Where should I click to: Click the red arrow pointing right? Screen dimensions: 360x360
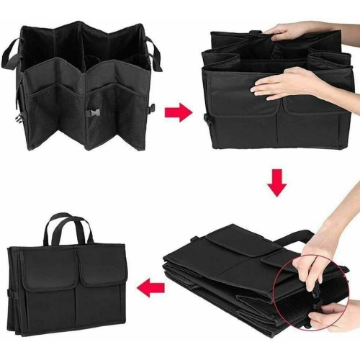click(177, 112)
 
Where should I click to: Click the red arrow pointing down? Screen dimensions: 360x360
click(276, 183)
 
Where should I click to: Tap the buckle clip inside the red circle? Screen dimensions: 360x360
click(314, 292)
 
